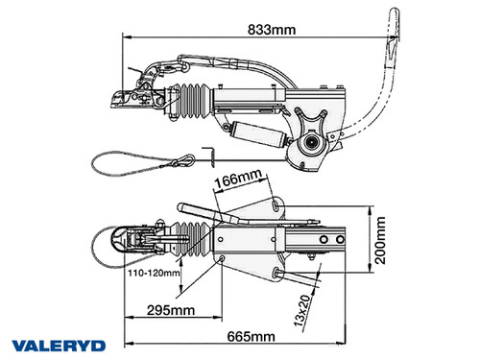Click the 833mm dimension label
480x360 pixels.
pos(269,28)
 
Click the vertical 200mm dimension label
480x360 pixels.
pos(382,240)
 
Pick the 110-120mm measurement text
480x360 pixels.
pos(155,273)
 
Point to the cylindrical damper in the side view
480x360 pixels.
pos(262,134)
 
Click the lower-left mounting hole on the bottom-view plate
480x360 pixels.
pos(223,260)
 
